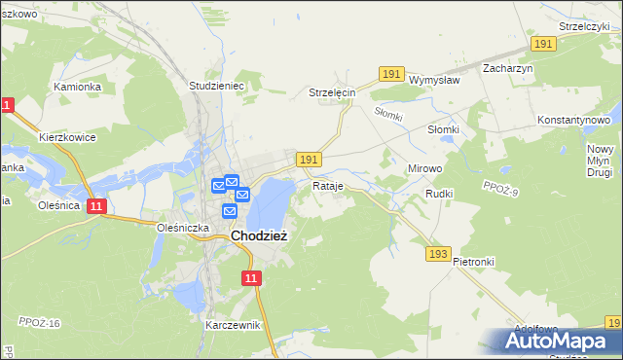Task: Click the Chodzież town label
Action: pos(258,235)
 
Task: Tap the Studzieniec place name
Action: pos(215,86)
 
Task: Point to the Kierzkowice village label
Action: pos(67,137)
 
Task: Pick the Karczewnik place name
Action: pos(234,325)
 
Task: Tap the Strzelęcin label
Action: pos(333,92)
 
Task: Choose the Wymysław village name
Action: pos(434,80)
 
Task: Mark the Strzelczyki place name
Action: pos(584,26)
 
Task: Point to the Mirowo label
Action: pos(423,168)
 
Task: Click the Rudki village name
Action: pos(440,194)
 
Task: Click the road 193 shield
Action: pos(438,254)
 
